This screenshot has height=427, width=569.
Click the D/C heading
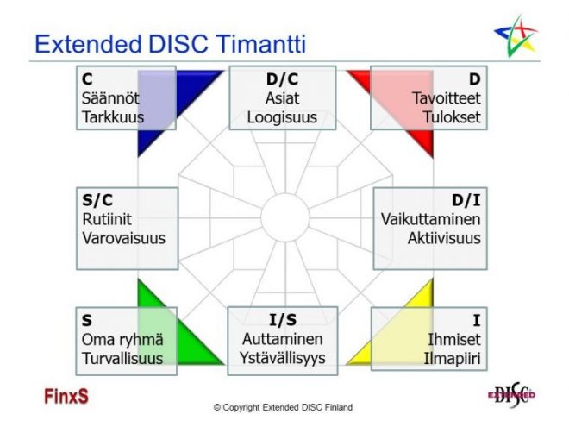[282, 80]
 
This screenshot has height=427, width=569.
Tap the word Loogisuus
[282, 116]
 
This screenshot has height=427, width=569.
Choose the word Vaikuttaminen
[430, 219]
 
